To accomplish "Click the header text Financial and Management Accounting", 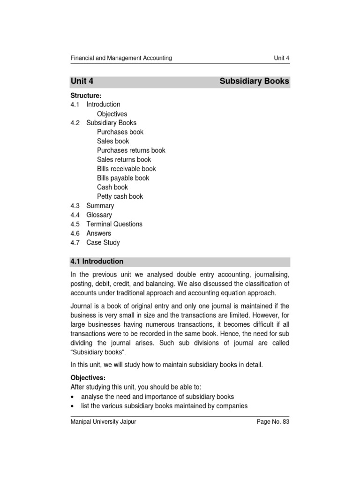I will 121,58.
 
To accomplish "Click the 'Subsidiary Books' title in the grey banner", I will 254,82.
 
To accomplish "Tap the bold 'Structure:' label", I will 86,96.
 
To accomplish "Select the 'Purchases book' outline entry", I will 120,132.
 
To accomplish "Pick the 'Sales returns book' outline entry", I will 124,160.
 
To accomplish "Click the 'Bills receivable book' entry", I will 127,169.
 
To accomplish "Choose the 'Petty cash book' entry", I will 120,196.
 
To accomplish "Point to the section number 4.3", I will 75,206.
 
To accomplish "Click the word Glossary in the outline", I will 99,215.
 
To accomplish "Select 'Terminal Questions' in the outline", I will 114,224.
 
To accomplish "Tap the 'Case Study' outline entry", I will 103,243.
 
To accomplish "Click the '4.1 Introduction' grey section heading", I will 97,262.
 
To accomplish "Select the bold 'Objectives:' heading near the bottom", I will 88,378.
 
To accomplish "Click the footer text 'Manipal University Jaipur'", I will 103,422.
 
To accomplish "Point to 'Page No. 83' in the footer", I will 273,422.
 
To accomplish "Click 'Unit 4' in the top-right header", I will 281,58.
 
